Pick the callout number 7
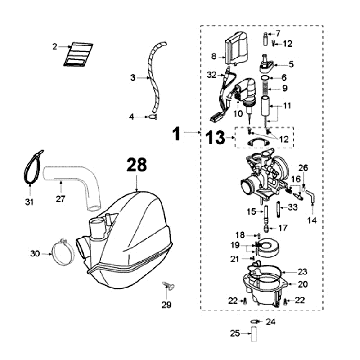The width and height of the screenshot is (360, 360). click(278, 33)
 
